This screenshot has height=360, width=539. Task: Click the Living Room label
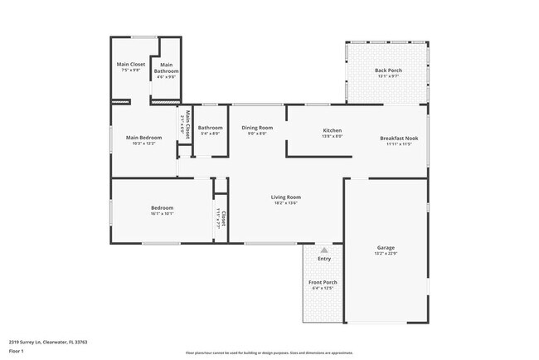(x=285, y=197)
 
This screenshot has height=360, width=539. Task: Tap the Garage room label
(x=386, y=248)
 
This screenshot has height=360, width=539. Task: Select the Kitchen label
(x=332, y=130)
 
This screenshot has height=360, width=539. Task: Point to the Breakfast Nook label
(x=398, y=138)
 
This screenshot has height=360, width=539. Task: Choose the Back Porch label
(x=388, y=71)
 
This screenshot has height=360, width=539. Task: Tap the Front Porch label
(x=323, y=283)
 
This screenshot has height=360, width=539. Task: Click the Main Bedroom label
(x=143, y=138)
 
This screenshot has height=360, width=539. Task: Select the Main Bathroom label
(x=166, y=68)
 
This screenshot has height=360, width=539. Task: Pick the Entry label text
(x=324, y=259)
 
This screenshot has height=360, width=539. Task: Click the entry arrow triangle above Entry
(x=324, y=249)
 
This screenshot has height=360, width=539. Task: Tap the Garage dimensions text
(x=386, y=254)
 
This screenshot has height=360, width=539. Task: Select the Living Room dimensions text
(x=285, y=202)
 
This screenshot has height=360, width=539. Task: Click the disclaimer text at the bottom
(x=269, y=353)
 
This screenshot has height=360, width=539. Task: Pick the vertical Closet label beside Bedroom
(x=223, y=218)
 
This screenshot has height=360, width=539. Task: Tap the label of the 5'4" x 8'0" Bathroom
(x=210, y=128)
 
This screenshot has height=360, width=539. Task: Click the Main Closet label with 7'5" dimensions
(x=130, y=65)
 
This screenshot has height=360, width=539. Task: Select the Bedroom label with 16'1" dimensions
(x=162, y=207)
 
